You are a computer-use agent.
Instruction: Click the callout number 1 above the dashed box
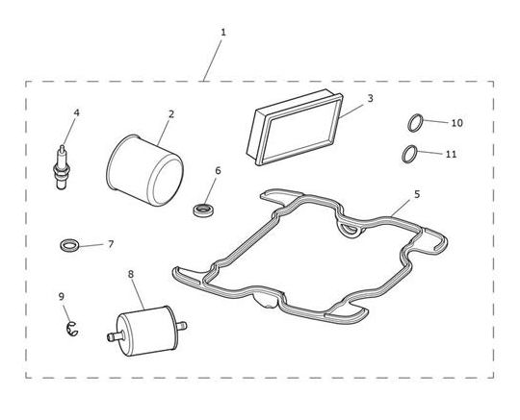tap(223, 33)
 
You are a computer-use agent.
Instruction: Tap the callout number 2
tap(171, 114)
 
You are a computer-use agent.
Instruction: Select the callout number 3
tap(371, 98)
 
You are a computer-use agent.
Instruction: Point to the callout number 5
tap(417, 194)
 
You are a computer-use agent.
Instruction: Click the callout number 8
tap(131, 274)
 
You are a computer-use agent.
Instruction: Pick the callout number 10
tap(457, 123)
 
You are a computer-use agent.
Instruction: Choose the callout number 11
tap(451, 154)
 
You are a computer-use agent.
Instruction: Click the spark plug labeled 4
tap(62, 167)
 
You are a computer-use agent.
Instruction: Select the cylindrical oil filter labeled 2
tap(144, 170)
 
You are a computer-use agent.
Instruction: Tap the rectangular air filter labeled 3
tap(295, 128)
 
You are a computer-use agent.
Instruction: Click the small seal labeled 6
tap(203, 210)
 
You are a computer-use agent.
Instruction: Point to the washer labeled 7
tap(70, 245)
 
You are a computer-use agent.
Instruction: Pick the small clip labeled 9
tap(71, 329)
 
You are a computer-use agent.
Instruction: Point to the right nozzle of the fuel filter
tap(181, 326)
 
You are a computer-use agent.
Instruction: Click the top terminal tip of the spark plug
tap(62, 147)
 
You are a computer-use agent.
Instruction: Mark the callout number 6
tap(218, 171)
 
